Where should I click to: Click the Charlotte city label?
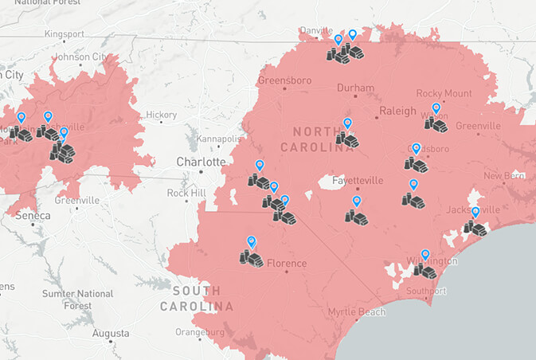click(201, 161)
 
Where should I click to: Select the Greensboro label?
click(284, 80)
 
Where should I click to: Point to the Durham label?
click(355, 88)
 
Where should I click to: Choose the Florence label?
click(286, 263)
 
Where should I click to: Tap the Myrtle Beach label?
click(356, 311)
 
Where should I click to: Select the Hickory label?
click(161, 115)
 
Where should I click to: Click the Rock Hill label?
click(187, 193)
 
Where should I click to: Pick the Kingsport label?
click(64, 34)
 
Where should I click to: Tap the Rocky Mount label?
click(444, 93)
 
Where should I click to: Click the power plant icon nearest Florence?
click(252, 258)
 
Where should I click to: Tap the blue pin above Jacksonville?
click(475, 212)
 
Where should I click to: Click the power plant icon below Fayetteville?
click(356, 216)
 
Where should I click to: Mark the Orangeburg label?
click(200, 331)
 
